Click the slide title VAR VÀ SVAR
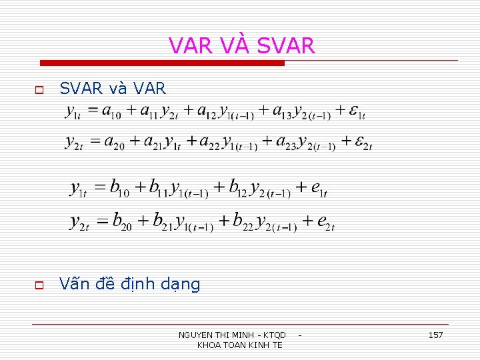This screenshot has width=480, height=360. click(241, 45)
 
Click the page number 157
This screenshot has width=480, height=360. click(435, 335)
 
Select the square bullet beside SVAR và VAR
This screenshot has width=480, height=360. click(39, 89)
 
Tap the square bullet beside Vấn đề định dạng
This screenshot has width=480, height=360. click(39, 285)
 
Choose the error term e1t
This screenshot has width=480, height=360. click(319, 189)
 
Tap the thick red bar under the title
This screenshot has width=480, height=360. click(162, 63)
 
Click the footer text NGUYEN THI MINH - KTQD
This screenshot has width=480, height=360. click(232, 335)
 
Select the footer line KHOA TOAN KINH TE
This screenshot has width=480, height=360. click(240, 345)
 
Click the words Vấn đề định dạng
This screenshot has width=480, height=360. click(129, 285)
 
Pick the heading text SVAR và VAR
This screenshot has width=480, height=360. click(113, 89)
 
